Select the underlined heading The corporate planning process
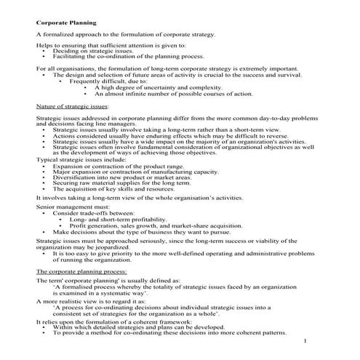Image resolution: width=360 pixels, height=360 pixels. point(81,270)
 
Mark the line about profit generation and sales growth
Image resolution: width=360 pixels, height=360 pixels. point(168,225)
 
